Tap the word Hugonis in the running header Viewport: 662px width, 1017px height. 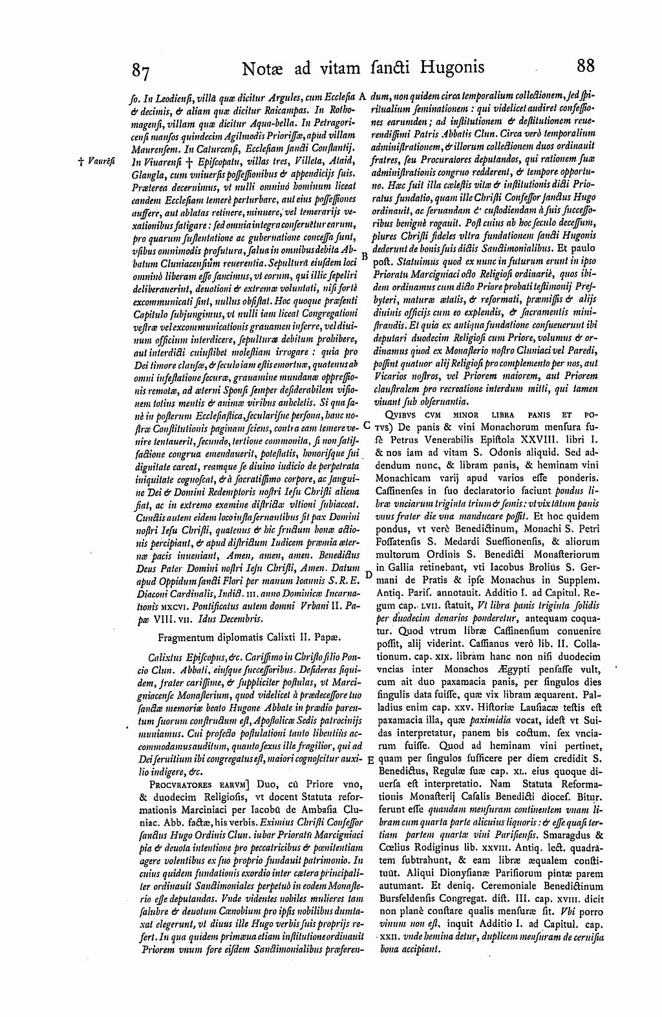coord(450,67)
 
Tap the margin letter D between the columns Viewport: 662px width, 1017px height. coord(367,574)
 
